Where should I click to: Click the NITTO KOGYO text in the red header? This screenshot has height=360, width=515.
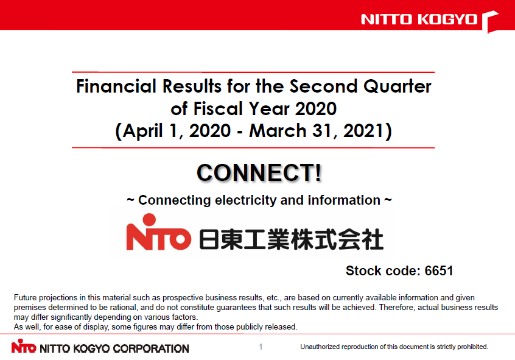click(x=419, y=19)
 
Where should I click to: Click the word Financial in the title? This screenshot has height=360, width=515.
click(x=116, y=86)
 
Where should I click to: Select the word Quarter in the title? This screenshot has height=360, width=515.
click(x=397, y=86)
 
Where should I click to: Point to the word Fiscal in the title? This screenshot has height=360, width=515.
click(x=218, y=108)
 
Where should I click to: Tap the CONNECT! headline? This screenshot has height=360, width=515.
click(x=259, y=172)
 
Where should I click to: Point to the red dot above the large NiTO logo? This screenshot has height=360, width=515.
click(x=149, y=220)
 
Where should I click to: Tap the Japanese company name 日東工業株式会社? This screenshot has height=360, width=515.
click(x=292, y=239)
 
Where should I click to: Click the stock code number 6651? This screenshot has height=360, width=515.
click(x=439, y=271)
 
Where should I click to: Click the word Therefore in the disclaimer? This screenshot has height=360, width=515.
click(x=396, y=308)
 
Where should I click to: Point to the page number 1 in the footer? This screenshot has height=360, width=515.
click(x=261, y=347)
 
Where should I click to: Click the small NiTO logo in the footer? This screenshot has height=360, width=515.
click(x=24, y=346)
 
